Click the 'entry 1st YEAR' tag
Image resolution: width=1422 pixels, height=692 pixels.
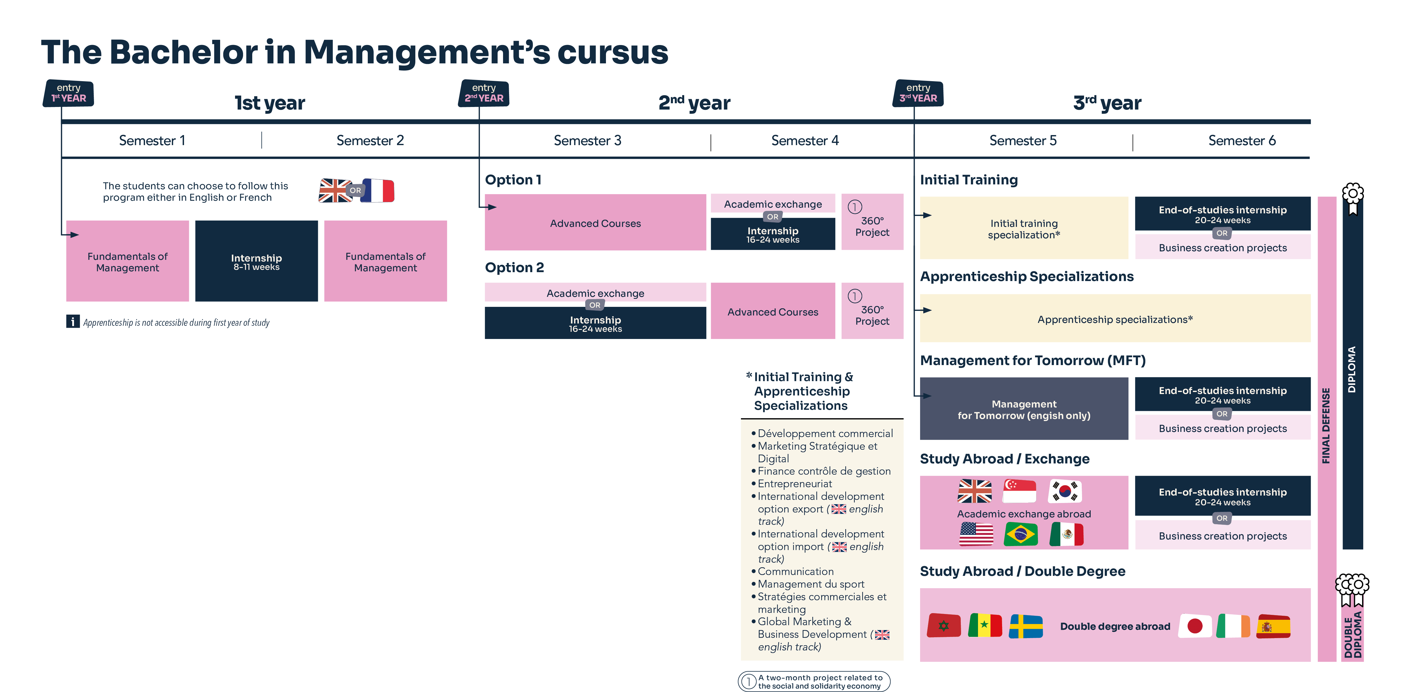69,93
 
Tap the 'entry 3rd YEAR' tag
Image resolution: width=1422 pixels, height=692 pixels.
918,93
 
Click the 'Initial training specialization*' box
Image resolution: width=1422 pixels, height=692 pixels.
1024,228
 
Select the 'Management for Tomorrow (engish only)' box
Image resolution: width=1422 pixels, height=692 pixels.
1024,409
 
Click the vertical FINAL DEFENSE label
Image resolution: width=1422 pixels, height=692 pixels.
1326,425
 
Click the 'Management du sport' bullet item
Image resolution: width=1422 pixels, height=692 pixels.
810,584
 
